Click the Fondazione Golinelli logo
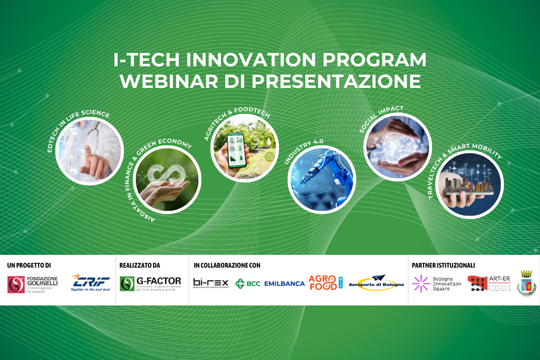32,284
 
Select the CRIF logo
91,283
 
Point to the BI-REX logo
211,283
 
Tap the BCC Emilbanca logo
270,283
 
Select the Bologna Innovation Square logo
436,283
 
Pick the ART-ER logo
489,283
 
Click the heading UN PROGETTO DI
29,265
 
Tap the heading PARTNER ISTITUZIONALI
443,265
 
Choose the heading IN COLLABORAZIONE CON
227,265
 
